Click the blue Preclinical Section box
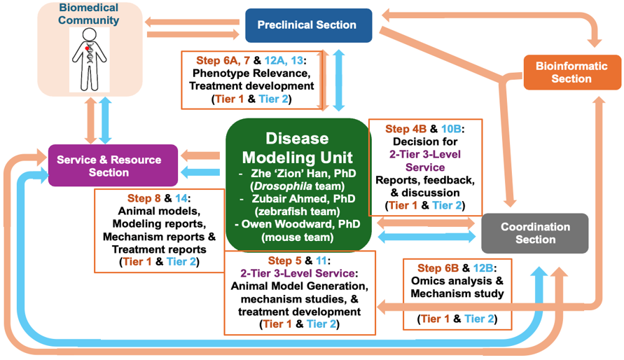(308, 25)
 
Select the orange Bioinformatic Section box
(562, 73)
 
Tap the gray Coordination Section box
(535, 233)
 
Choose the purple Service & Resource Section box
(113, 165)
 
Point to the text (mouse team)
(298, 237)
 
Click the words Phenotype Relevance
(251, 74)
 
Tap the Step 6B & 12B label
(454, 268)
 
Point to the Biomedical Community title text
(89, 14)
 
